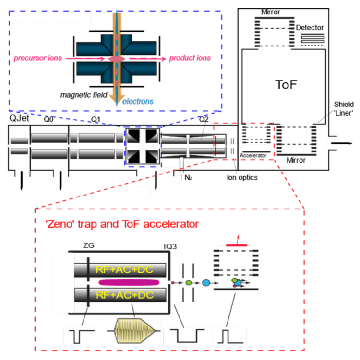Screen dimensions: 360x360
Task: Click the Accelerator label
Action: click(253, 156)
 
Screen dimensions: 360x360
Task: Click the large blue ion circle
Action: click(207, 283)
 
